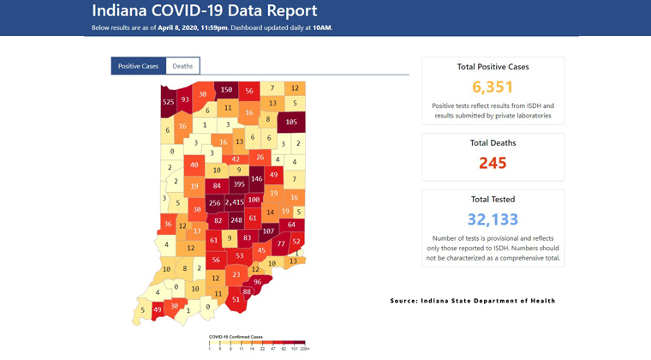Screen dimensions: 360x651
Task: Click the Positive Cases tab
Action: click(138, 66)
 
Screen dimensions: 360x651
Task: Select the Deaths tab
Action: click(182, 66)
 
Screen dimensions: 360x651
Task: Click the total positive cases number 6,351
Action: click(493, 87)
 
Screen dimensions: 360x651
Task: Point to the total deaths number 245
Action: click(493, 162)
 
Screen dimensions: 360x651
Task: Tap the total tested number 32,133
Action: click(493, 219)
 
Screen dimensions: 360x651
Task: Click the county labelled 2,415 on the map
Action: click(235, 203)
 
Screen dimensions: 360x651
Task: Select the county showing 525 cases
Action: click(168, 103)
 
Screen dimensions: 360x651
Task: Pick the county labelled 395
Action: click(240, 184)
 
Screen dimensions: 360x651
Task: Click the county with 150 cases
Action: click(226, 90)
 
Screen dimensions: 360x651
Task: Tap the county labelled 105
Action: click(291, 123)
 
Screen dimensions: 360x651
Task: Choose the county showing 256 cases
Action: click(214, 203)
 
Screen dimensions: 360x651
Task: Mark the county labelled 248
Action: click(236, 220)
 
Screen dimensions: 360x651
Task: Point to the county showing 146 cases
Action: click(256, 179)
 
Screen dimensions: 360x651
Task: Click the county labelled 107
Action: click(268, 231)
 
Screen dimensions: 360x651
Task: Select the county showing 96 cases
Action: click(257, 281)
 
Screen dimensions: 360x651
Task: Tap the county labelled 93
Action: click(185, 99)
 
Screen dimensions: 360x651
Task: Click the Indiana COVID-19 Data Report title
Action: click(205, 12)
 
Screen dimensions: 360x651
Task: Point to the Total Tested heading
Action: click(493, 199)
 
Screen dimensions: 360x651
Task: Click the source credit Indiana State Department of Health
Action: click(473, 301)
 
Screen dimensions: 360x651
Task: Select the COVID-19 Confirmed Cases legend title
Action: click(236, 337)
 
